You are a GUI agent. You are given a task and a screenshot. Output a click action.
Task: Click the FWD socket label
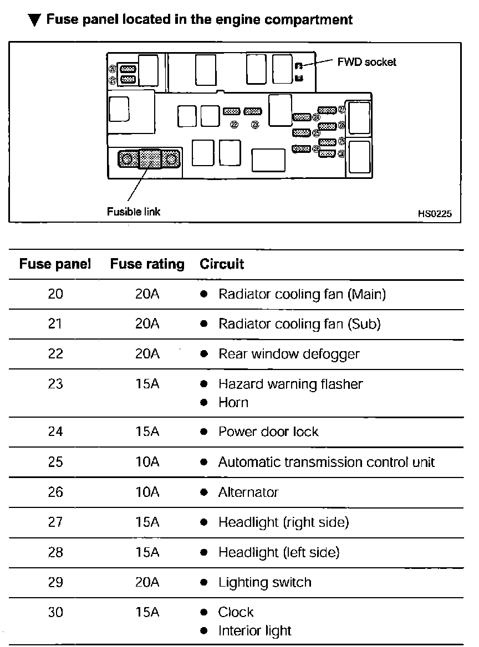366,62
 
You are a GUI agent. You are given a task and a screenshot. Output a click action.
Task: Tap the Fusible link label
134,211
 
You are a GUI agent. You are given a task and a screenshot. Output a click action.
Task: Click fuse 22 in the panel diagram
231,111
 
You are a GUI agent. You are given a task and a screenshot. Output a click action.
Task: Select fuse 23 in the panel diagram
252,111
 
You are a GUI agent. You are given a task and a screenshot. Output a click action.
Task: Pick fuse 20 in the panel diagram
128,69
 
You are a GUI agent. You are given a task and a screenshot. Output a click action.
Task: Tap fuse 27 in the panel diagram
327,109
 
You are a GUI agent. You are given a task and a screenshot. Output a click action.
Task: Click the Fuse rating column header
147,264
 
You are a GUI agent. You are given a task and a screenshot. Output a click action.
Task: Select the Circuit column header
222,264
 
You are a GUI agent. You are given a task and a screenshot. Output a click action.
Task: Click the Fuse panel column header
55,264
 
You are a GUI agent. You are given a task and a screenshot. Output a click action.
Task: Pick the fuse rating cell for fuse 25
147,462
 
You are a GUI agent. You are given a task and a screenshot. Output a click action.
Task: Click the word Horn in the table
233,402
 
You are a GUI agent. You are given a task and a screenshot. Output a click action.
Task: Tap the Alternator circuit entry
248,492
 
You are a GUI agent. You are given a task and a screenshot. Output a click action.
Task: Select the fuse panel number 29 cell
55,582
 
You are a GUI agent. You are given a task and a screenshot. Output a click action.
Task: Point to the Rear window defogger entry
289,353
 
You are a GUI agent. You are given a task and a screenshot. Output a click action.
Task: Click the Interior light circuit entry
254,630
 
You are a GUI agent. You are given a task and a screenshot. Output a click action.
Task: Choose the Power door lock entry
268,432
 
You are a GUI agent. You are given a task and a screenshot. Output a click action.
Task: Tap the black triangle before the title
34,20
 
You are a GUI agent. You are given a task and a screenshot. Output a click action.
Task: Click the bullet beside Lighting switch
204,583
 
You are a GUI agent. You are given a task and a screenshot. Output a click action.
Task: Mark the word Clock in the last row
236,612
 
